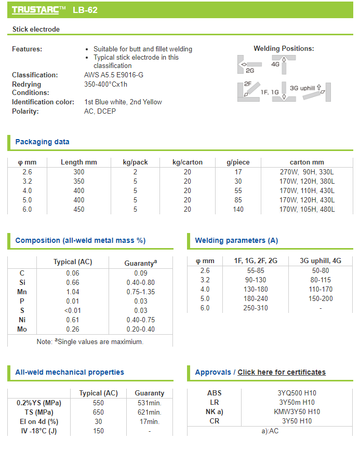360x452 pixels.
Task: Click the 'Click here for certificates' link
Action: pos(282,372)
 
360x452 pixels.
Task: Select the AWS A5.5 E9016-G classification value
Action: pos(114,75)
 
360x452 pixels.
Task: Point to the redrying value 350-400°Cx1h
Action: pos(105,84)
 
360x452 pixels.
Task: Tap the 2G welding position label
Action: pos(250,71)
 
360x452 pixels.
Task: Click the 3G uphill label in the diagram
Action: pos(302,88)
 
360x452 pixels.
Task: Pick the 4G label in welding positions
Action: pos(275,64)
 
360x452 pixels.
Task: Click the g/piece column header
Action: pos(238,162)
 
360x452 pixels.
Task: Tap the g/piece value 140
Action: pos(238,209)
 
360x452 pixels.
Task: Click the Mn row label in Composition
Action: pos(22,292)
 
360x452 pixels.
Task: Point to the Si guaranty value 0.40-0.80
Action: pos(141,282)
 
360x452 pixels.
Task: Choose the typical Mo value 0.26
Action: pos(73,329)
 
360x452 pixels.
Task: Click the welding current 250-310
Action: pos(256,308)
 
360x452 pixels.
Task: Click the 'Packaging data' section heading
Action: pos(42,142)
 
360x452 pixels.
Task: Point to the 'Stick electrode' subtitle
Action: pos(36,30)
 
